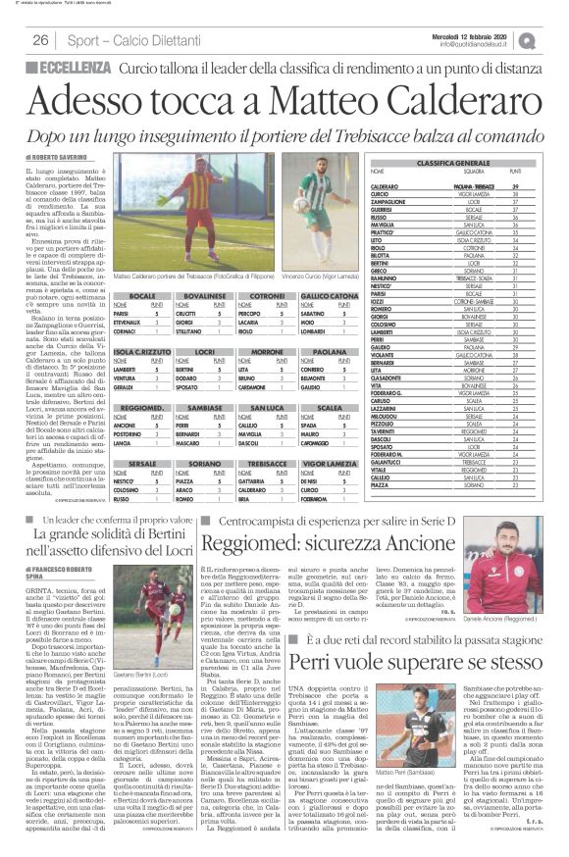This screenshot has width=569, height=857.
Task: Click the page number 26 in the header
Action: pos(41,40)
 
